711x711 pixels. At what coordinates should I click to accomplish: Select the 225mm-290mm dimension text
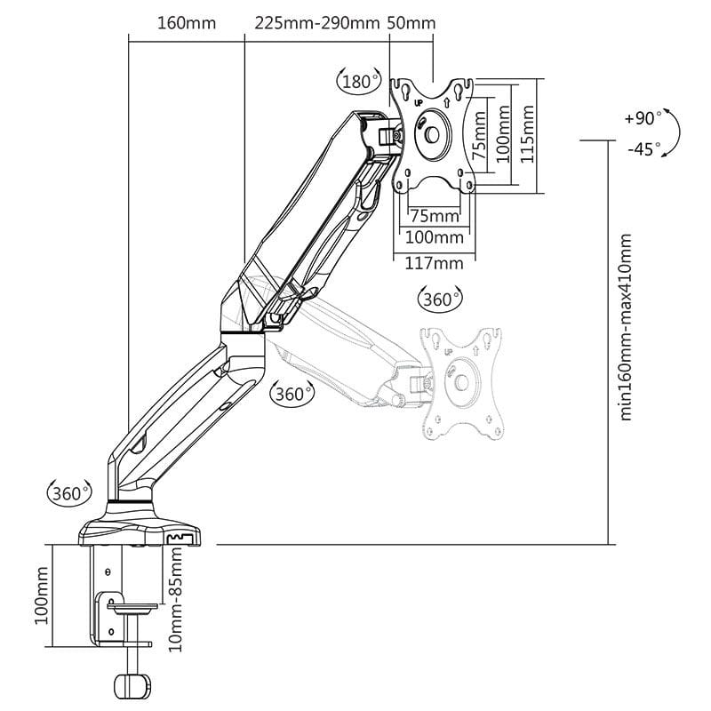click(x=316, y=23)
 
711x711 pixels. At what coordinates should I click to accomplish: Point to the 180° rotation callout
click(x=358, y=82)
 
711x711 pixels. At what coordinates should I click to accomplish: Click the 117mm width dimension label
click(x=434, y=262)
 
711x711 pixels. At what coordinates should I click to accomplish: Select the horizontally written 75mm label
click(x=434, y=215)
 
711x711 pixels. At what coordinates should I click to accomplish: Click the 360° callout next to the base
click(x=68, y=492)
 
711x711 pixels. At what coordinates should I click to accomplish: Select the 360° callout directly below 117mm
click(x=439, y=299)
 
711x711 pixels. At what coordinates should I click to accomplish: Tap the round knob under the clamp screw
click(x=132, y=688)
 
